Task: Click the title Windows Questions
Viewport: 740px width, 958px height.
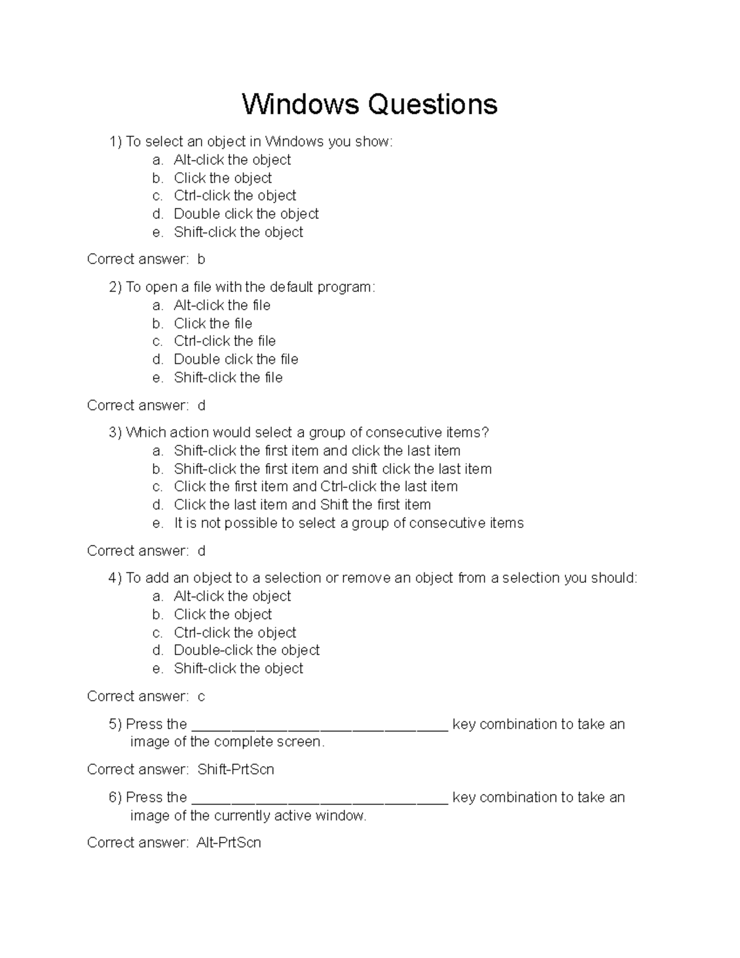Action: pos(369,104)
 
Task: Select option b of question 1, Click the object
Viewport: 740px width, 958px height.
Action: pos(222,178)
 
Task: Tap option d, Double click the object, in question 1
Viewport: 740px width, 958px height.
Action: pos(245,214)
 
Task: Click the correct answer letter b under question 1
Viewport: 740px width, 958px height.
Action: pos(201,260)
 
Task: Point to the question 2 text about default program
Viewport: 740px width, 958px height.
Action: pos(250,287)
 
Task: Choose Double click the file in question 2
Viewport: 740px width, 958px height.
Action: pos(236,360)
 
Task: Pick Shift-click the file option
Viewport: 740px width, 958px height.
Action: pos(228,378)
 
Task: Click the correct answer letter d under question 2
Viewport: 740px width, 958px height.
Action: pos(201,405)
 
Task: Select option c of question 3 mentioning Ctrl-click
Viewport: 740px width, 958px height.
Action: pos(315,487)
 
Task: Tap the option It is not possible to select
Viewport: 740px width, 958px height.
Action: pos(348,523)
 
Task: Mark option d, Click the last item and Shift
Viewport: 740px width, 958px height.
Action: pos(302,505)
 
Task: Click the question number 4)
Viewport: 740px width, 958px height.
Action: pos(115,579)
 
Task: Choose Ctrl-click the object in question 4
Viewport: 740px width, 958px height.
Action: pos(234,633)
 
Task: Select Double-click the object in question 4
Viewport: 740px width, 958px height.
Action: pos(246,650)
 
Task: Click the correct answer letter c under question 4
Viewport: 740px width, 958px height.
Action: pos(201,697)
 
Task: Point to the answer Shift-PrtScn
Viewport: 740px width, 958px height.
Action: pos(236,770)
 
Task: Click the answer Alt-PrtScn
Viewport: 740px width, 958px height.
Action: pos(229,843)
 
